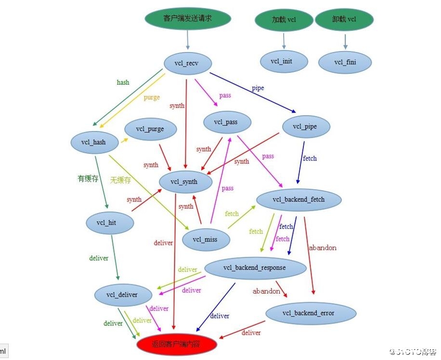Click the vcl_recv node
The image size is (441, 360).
(187, 63)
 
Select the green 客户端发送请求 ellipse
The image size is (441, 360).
(188, 19)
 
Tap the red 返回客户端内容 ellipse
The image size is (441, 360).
(177, 344)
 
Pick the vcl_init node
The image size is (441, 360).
(284, 61)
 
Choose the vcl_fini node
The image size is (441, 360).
(345, 62)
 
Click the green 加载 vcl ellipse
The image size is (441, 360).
(284, 20)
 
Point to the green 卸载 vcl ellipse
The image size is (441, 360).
(344, 20)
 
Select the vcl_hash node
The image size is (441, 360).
(93, 142)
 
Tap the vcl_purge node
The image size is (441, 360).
(150, 129)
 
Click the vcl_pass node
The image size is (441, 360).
(227, 122)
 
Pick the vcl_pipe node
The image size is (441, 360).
(305, 127)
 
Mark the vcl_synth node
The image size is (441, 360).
(185, 182)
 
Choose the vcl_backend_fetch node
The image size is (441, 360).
(298, 200)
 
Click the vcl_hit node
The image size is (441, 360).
(110, 223)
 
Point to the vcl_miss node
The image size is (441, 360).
(205, 239)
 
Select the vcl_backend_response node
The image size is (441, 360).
(255, 267)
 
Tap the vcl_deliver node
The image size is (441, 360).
(122, 294)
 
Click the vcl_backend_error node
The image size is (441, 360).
(311, 313)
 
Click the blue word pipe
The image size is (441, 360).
(258, 88)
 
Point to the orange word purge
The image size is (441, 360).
(152, 97)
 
